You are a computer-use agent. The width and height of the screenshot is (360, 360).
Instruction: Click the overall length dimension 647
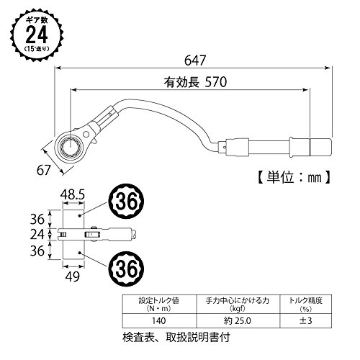(195, 60)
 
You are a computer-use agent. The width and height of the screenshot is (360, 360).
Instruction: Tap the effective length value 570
(216, 82)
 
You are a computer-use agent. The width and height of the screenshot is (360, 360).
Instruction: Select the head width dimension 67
(43, 170)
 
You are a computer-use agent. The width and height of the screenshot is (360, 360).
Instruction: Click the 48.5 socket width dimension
(73, 194)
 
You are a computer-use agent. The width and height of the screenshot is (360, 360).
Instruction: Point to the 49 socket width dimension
(72, 276)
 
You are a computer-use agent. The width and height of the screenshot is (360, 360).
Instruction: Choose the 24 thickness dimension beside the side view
(37, 235)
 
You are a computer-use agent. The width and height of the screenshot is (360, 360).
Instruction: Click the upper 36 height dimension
(37, 219)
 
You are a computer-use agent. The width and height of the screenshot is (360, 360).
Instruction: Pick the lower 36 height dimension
(37, 251)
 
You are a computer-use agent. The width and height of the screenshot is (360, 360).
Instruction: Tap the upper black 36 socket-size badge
(127, 201)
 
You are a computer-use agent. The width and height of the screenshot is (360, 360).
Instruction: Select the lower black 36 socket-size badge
(127, 269)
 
